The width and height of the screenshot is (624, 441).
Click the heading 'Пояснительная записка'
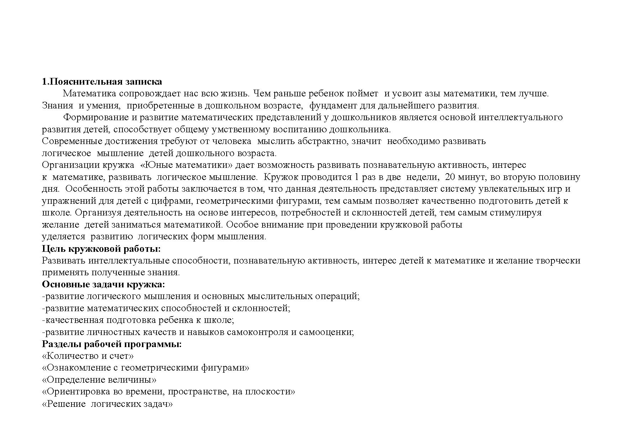click(x=105, y=82)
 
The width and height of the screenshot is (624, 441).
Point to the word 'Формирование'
click(x=93, y=117)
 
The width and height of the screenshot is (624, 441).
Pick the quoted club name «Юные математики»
click(x=186, y=165)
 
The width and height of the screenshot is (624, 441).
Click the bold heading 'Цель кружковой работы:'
click(x=101, y=249)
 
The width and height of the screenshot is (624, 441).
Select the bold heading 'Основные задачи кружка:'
click(x=104, y=285)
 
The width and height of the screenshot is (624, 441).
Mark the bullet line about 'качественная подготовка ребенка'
click(x=138, y=320)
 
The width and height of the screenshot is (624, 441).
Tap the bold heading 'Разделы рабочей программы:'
click(x=112, y=344)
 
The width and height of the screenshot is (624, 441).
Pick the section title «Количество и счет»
click(x=88, y=356)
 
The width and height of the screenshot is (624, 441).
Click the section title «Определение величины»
click(x=99, y=380)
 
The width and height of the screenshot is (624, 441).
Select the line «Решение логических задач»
click(x=107, y=404)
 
